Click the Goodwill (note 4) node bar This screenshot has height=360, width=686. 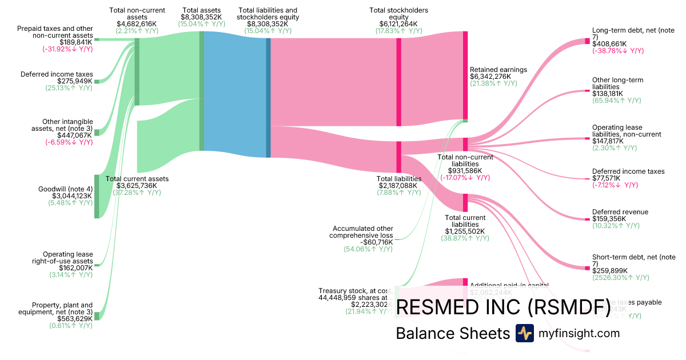point(97,196)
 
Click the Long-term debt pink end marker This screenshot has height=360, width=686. point(587,41)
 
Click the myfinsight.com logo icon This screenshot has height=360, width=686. point(524,333)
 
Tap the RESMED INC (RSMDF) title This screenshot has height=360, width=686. point(502,307)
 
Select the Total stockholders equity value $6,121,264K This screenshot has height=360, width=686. point(398,24)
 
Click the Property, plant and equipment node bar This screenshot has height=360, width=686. point(97,316)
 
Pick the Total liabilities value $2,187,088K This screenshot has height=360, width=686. point(398,186)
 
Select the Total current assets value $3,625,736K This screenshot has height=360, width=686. point(138,186)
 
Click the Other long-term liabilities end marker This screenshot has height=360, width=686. point(587,90)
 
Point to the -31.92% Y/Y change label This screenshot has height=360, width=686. point(67,49)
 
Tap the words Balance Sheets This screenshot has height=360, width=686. point(452,334)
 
